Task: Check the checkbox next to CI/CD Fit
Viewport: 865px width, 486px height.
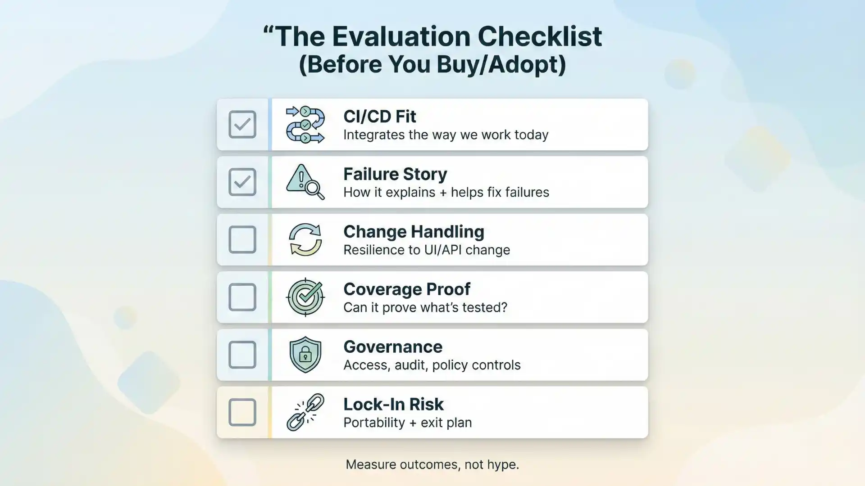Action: (x=242, y=124)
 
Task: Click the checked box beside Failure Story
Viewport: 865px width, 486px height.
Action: (x=242, y=182)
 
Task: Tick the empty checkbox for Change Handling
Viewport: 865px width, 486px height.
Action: (x=242, y=239)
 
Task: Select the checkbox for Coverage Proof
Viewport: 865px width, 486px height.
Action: (x=242, y=297)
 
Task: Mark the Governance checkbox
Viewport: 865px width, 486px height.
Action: (x=242, y=355)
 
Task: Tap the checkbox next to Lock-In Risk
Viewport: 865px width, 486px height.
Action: (x=242, y=412)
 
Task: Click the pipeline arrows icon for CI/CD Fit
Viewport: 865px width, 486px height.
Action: (x=305, y=125)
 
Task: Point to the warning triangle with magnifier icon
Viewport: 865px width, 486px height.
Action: (x=305, y=182)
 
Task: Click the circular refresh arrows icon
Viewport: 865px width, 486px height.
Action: (x=305, y=239)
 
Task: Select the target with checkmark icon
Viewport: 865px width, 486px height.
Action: (x=305, y=297)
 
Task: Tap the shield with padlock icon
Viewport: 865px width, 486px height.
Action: (x=305, y=355)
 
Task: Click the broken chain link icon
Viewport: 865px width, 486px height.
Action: (x=305, y=412)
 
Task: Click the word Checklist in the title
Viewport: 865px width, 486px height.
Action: (x=539, y=36)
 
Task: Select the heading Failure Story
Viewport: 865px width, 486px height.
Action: (x=395, y=174)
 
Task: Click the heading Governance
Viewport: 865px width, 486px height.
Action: (x=393, y=347)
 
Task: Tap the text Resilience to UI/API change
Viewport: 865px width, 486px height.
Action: (x=427, y=250)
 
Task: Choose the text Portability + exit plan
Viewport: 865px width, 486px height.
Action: (x=407, y=423)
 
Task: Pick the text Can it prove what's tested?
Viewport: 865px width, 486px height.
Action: (x=425, y=307)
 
